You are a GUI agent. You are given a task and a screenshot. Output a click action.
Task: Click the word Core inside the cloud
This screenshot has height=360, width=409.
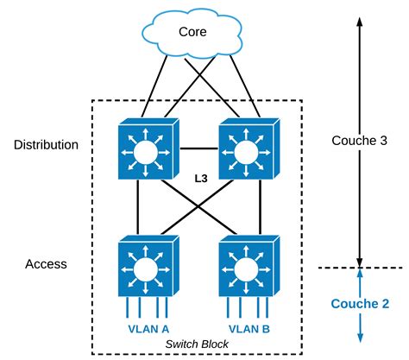(x=192, y=32)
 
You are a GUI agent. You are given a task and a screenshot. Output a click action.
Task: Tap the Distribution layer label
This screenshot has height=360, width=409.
(x=46, y=145)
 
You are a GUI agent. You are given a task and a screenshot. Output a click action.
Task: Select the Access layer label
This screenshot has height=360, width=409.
(x=46, y=264)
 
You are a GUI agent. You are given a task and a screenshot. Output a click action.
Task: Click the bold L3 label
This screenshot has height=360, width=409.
(x=201, y=179)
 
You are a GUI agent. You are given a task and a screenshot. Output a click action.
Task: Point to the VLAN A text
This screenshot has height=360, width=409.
(x=148, y=329)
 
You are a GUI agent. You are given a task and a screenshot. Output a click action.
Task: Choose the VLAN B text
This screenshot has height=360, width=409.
(x=249, y=329)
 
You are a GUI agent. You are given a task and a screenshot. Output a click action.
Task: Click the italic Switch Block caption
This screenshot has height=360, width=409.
(x=197, y=344)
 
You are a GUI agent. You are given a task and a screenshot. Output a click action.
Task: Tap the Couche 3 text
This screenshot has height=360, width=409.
(x=359, y=141)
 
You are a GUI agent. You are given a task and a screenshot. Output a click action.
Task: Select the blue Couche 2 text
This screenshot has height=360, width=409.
(x=360, y=304)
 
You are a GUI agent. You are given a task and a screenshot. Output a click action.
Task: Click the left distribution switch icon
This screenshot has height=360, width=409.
(x=148, y=148)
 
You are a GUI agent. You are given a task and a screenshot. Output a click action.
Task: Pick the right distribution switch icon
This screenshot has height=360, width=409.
(x=249, y=148)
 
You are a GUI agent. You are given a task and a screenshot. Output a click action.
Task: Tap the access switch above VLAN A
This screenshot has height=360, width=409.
(x=148, y=266)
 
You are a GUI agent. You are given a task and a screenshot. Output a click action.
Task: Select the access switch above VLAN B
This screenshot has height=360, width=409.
(x=249, y=266)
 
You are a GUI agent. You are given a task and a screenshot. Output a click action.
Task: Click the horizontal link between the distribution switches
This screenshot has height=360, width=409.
(x=199, y=148)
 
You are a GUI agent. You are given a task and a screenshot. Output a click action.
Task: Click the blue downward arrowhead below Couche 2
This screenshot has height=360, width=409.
(x=360, y=338)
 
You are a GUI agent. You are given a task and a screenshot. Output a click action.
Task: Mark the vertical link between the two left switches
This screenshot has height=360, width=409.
(x=138, y=207)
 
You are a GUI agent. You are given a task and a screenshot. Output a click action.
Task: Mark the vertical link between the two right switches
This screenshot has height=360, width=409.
(x=261, y=207)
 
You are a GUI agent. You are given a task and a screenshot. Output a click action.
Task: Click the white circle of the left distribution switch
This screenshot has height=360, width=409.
(x=146, y=152)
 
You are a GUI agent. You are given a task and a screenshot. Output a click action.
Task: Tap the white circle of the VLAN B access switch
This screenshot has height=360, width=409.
(x=246, y=269)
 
